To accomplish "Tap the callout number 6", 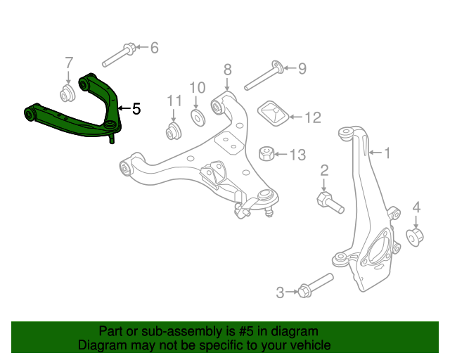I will coord(154,48).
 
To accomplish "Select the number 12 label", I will coord(312,117).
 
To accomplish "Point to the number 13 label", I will coord(298,154).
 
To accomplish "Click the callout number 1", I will coord(387,151).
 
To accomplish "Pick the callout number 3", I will coord(280,292).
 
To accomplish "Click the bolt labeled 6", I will coord(121,52).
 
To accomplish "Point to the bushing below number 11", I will coord(174,131).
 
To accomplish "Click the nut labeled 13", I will coord(267,153).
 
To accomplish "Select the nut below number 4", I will coord(415,236).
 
